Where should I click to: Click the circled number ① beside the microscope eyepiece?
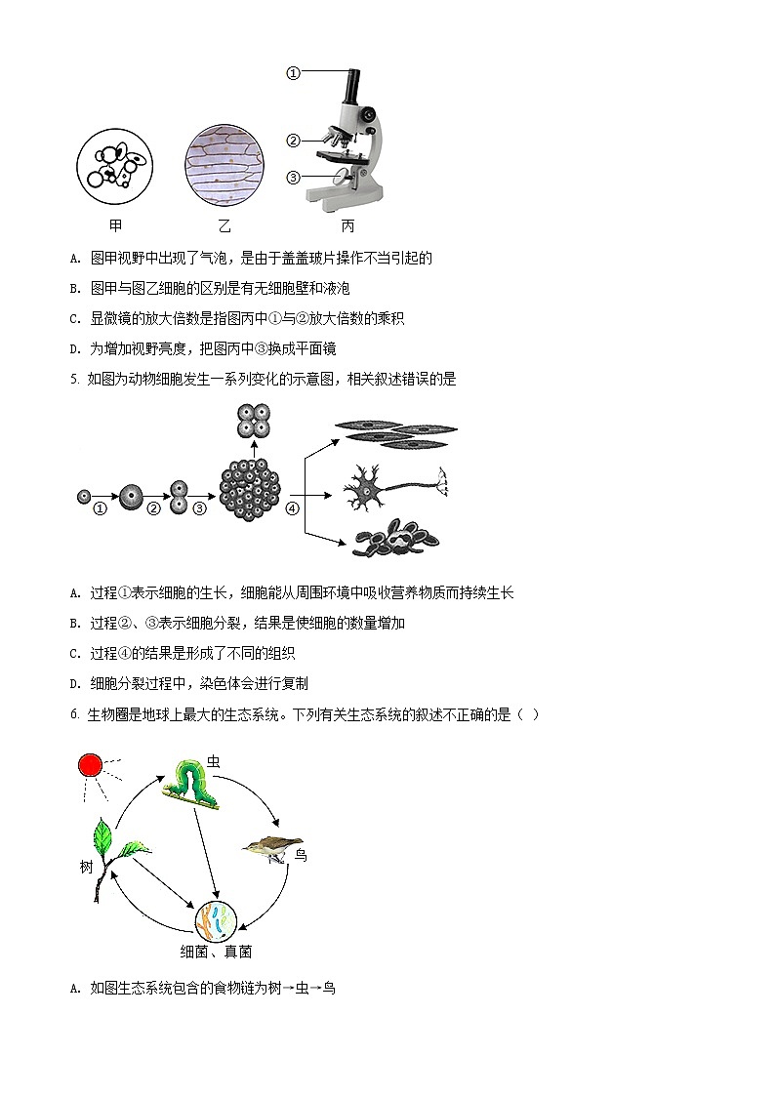[x=293, y=72]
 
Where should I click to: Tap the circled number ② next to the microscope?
[x=293, y=141]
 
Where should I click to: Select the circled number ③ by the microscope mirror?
[x=293, y=178]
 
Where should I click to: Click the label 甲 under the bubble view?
[x=116, y=226]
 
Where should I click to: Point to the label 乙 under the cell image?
[x=224, y=226]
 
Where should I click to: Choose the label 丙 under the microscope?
[x=348, y=226]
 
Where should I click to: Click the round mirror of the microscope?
[x=343, y=177]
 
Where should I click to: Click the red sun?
[x=91, y=765]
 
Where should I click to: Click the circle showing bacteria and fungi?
[x=216, y=920]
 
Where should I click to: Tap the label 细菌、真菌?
[x=217, y=952]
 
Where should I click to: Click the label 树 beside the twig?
[x=86, y=866]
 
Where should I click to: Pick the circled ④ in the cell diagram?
[x=291, y=507]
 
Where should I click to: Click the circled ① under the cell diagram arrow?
[x=99, y=508]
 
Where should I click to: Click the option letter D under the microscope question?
[x=75, y=348]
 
